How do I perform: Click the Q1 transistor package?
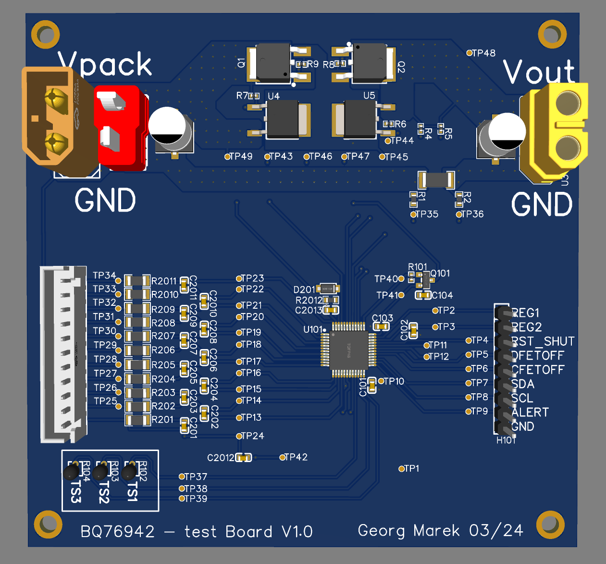[273, 63]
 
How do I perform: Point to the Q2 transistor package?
[369, 63]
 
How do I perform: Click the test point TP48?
[470, 53]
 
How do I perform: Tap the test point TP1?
[402, 468]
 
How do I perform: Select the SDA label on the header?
[523, 384]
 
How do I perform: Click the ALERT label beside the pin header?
[530, 413]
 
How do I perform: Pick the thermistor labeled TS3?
[72, 472]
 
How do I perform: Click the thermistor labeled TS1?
[129, 472]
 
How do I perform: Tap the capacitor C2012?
[244, 457]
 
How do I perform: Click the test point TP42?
[283, 457]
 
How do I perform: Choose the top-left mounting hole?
[46, 35]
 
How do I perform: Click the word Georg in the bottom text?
[381, 531]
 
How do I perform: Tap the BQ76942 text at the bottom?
[118, 532]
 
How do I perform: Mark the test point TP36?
[459, 214]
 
